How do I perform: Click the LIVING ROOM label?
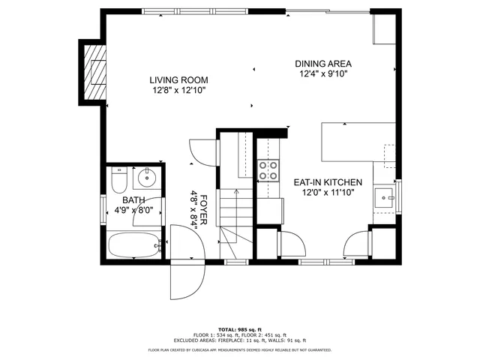(178, 80)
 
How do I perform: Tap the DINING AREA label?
(323, 64)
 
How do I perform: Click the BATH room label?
(133, 200)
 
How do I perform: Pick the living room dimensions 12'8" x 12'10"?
(178, 91)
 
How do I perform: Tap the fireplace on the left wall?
(94, 70)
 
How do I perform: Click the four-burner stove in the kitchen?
(268, 170)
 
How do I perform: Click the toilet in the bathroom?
(117, 180)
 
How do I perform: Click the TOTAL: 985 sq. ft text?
(239, 329)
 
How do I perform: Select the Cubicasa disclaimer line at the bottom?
(239, 349)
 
